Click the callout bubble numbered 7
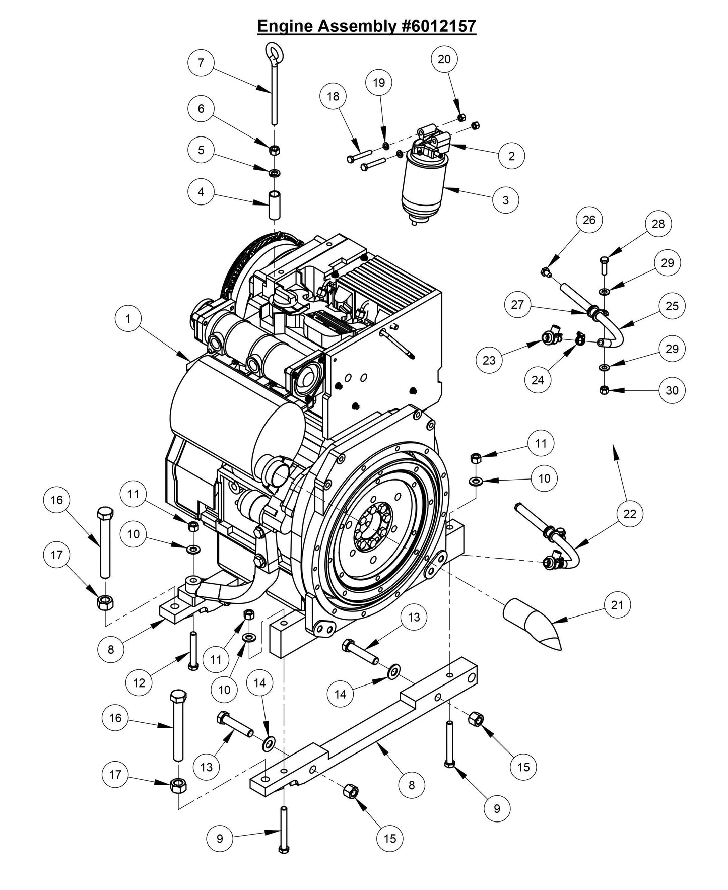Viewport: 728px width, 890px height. [201, 63]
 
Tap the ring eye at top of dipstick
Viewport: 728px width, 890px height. [274, 52]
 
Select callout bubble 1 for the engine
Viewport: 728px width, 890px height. [128, 319]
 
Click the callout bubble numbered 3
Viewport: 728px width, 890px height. [505, 200]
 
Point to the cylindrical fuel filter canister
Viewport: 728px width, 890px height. [423, 186]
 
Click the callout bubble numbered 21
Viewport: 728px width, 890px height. [617, 605]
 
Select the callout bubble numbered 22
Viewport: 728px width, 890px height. [630, 514]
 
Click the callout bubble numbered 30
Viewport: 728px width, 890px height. [672, 390]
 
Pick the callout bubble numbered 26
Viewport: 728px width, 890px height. [588, 220]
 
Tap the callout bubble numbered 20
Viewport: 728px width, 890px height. [444, 59]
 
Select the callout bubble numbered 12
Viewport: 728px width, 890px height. [139, 682]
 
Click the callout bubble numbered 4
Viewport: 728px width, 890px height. [201, 192]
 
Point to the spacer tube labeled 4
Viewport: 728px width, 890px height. [274, 203]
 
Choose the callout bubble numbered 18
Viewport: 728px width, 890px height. [333, 96]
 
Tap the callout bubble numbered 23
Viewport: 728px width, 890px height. [489, 360]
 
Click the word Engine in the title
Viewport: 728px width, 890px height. [285, 26]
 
